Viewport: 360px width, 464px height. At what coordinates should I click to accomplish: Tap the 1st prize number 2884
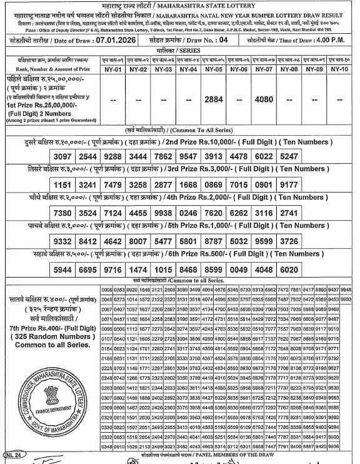tap(214, 99)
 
